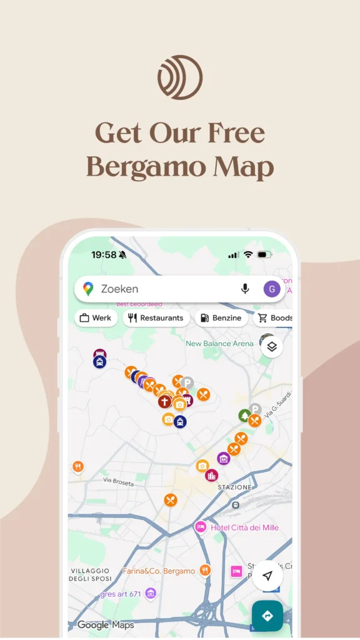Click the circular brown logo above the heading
pyautogui.click(x=180, y=77)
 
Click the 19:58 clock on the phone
pyautogui.click(x=104, y=255)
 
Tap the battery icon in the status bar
pyautogui.click(x=264, y=255)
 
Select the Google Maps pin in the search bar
pyautogui.click(x=88, y=289)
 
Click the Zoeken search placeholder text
pyautogui.click(x=119, y=289)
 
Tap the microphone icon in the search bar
pyautogui.click(x=245, y=289)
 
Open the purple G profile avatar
pyautogui.click(x=271, y=289)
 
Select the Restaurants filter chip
pyautogui.click(x=156, y=318)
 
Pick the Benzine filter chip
pyautogui.click(x=221, y=318)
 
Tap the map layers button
pyautogui.click(x=272, y=346)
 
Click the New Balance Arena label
pyautogui.click(x=219, y=344)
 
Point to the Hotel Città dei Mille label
pyautogui.click(x=244, y=527)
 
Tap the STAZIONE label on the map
pyautogui.click(x=234, y=487)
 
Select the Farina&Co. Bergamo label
pyautogui.click(x=159, y=571)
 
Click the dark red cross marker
pyautogui.click(x=164, y=401)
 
